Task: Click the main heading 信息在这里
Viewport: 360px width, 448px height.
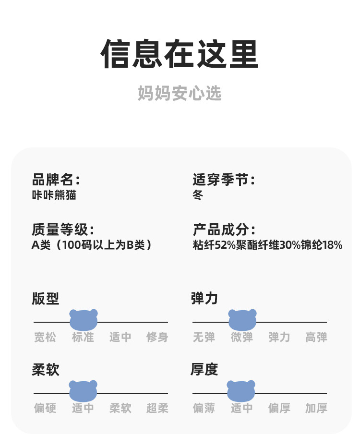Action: (x=180, y=55)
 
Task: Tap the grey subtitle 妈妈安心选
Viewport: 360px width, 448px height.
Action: (x=180, y=93)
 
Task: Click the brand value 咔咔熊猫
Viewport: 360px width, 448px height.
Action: (x=54, y=195)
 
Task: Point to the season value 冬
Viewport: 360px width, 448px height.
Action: (x=198, y=195)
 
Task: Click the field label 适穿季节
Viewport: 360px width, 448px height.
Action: (x=223, y=180)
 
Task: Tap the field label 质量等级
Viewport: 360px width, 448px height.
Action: (x=62, y=230)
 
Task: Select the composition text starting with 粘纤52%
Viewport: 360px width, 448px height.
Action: (x=267, y=245)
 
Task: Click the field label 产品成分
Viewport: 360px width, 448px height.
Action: (x=223, y=230)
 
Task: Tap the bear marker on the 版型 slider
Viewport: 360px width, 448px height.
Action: (x=84, y=319)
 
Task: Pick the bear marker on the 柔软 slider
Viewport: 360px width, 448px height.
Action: (x=83, y=390)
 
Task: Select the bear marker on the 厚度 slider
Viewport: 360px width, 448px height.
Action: (x=241, y=390)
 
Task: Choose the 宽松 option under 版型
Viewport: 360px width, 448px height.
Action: (x=45, y=337)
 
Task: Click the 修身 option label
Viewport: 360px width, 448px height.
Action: (x=157, y=337)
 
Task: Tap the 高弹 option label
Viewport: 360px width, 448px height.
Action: (x=316, y=337)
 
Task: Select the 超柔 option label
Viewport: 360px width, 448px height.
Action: (x=157, y=408)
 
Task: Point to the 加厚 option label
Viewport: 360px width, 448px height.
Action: (x=316, y=408)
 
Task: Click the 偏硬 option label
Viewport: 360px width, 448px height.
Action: (x=45, y=408)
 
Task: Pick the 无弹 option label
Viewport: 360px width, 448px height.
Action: (x=204, y=337)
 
